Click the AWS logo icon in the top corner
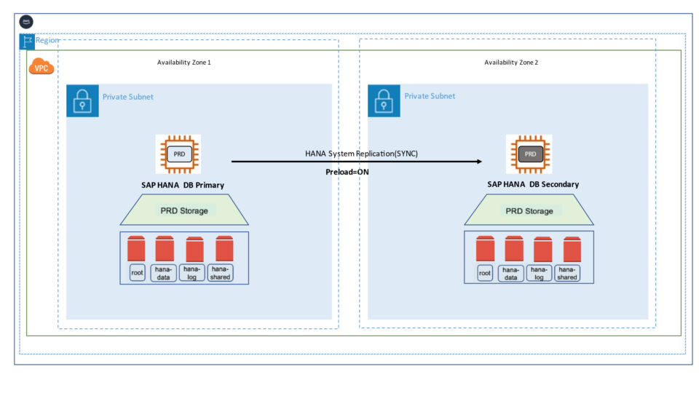click(27, 22)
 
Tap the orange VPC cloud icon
click(41, 68)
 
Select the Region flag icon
click(26, 41)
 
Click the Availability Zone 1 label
click(184, 63)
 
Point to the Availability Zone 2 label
click(511, 63)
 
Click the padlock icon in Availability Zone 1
click(82, 100)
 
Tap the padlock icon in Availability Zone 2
click(384, 100)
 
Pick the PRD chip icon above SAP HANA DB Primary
click(178, 154)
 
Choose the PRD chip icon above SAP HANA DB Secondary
click(529, 154)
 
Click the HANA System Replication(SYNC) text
click(361, 154)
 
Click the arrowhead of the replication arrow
click(480, 162)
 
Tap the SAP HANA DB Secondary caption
click(533, 184)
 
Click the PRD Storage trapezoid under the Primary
click(183, 211)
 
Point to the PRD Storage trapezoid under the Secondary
click(529, 211)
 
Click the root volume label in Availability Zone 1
click(138, 273)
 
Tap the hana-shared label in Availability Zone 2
click(567, 273)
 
